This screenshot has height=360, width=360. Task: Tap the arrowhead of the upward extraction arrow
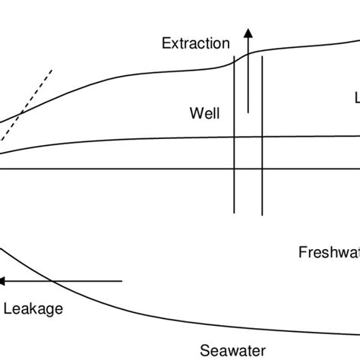247,30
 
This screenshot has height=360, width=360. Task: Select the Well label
204,114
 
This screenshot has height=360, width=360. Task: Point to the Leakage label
33,308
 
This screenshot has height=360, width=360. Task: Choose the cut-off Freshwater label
329,251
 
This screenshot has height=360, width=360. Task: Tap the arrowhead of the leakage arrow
3,281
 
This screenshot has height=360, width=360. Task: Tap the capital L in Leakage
8,308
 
